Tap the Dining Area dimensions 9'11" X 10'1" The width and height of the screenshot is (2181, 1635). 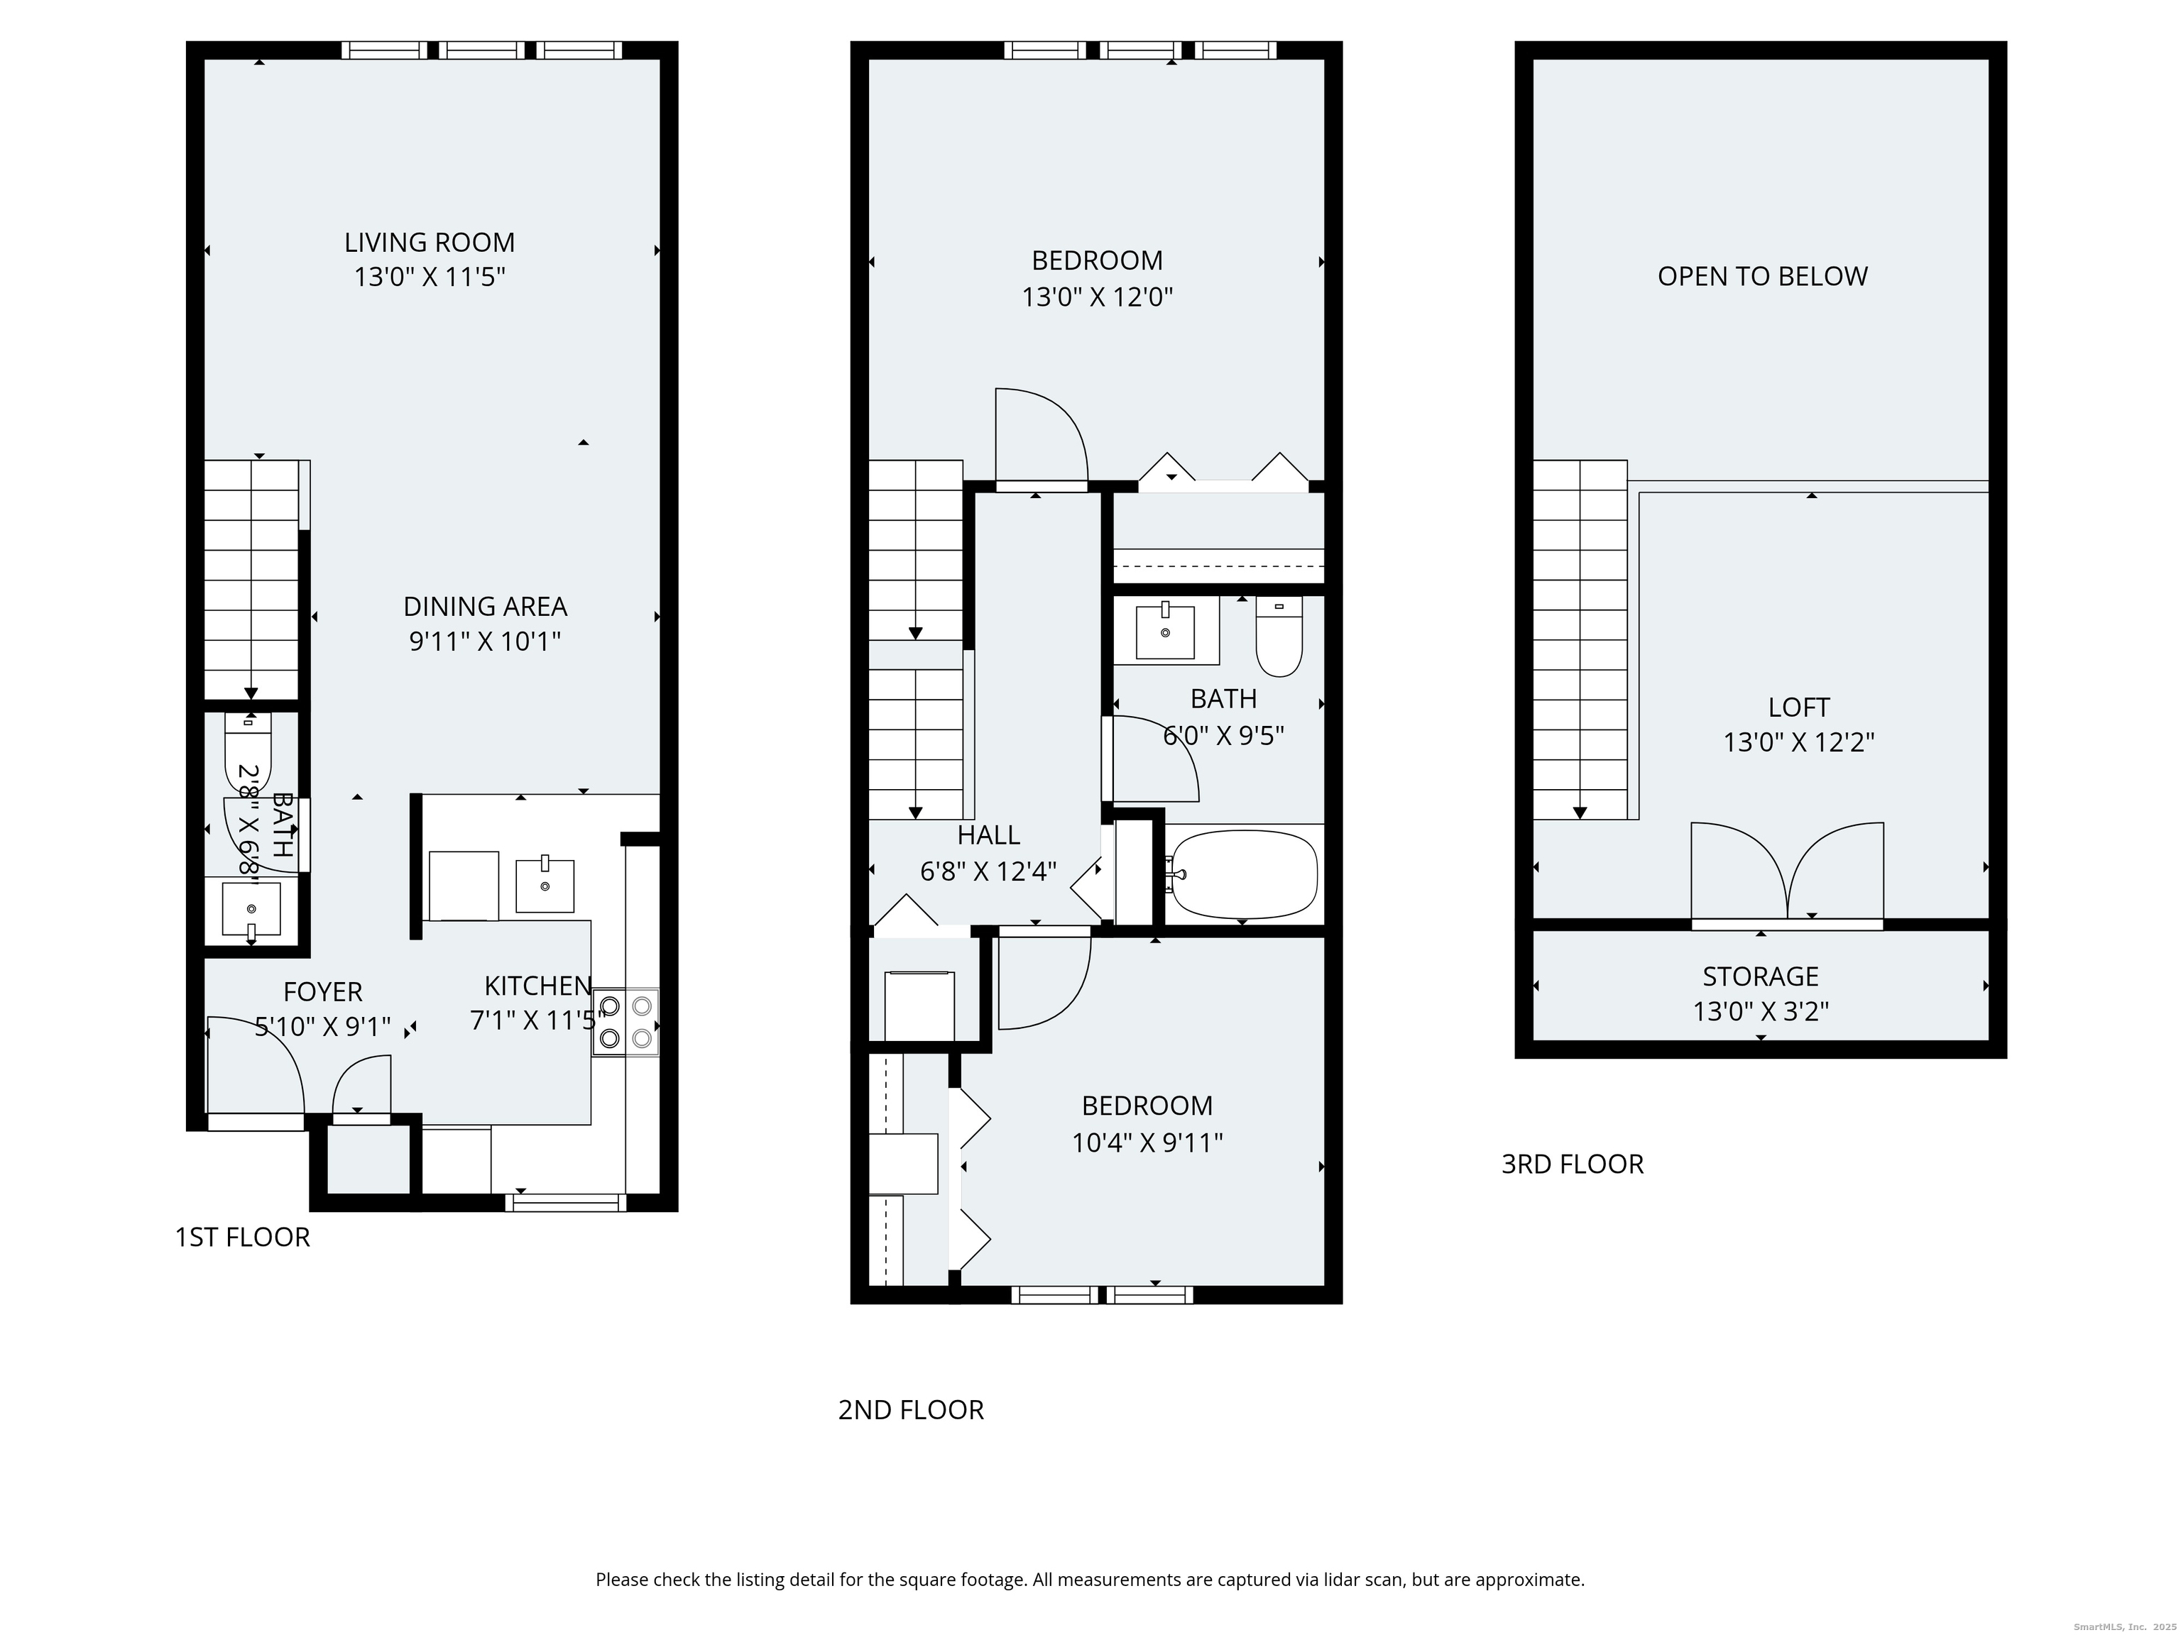(485, 642)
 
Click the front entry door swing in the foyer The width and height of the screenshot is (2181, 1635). (254, 1065)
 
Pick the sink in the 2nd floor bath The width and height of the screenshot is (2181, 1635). (1166, 632)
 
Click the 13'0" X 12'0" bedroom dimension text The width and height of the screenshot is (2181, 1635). (1098, 297)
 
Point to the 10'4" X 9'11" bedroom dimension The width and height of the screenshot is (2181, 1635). (1148, 1143)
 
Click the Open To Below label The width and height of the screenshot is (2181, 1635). (1762, 276)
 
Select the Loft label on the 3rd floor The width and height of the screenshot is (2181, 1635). (1798, 708)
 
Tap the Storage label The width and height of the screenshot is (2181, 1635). (1760, 976)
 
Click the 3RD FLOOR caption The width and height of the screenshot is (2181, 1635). (1573, 1164)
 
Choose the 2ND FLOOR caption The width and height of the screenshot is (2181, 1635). (911, 1410)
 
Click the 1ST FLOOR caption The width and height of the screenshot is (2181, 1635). (243, 1237)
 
